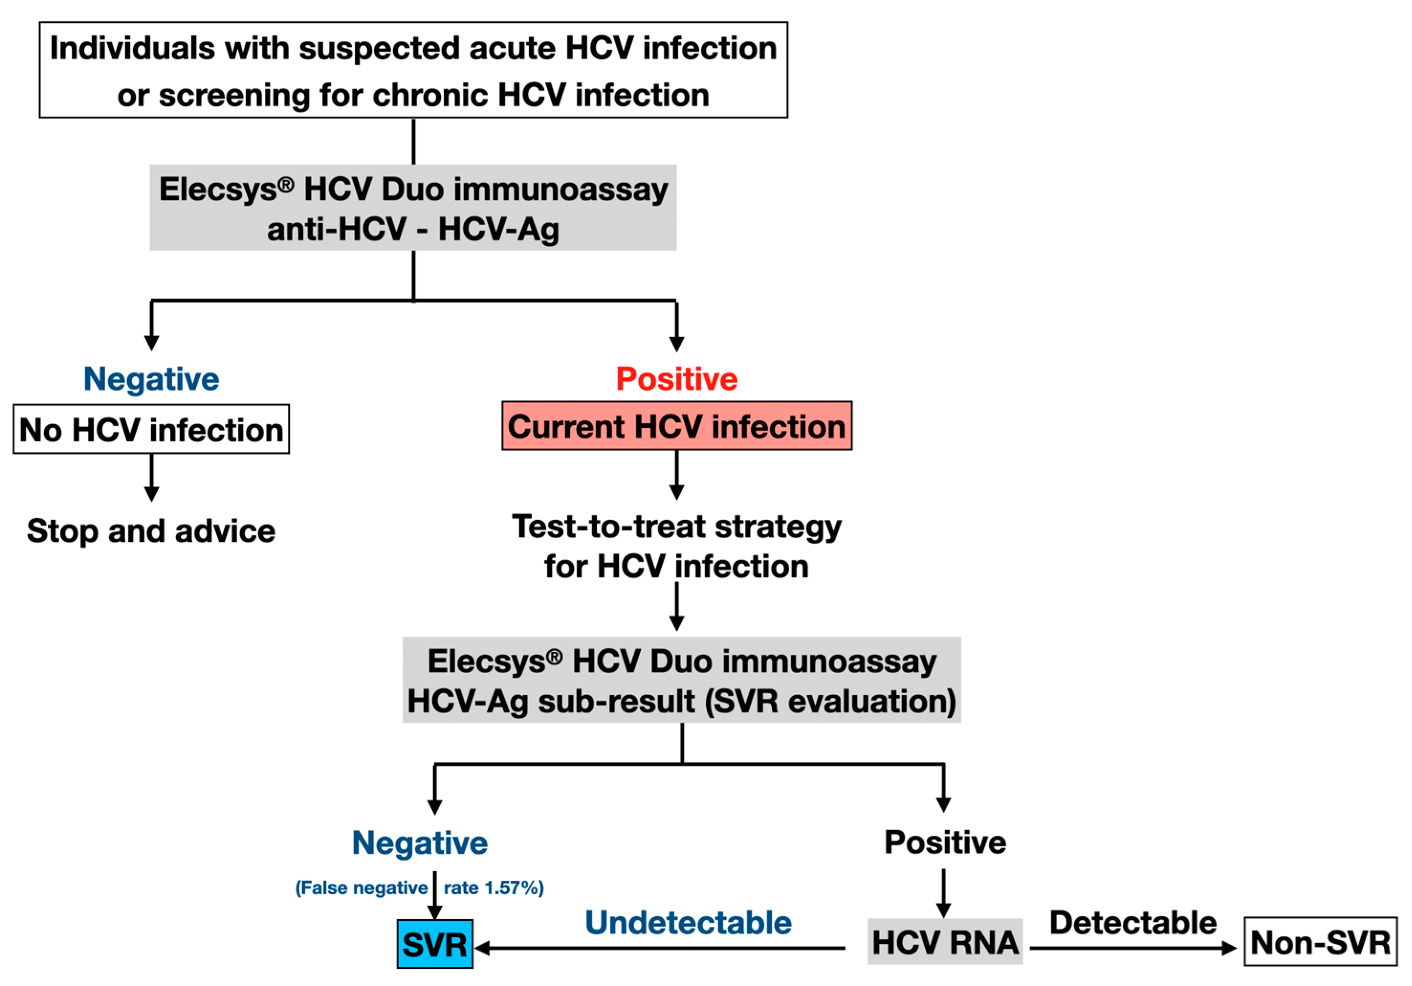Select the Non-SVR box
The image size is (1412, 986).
[1320, 942]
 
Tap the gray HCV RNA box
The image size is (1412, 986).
[945, 942]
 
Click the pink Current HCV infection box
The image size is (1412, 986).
[677, 426]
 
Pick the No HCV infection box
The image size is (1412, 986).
[151, 429]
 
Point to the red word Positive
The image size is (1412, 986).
[677, 379]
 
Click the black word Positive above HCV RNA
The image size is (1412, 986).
[945, 842]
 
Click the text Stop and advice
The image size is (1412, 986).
[151, 531]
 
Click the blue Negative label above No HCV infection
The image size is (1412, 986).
[151, 379]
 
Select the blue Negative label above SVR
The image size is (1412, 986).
[419, 843]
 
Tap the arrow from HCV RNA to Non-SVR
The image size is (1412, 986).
[1132, 948]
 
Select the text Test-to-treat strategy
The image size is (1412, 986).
[677, 526]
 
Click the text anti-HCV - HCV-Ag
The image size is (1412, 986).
[413, 230]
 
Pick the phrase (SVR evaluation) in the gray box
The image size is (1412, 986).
[830, 701]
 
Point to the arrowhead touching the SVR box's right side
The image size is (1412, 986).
[482, 948]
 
